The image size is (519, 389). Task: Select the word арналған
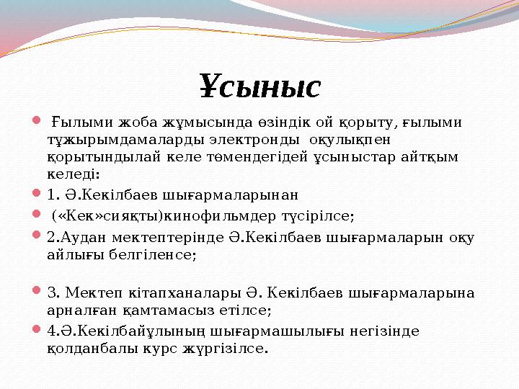(x=74, y=310)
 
